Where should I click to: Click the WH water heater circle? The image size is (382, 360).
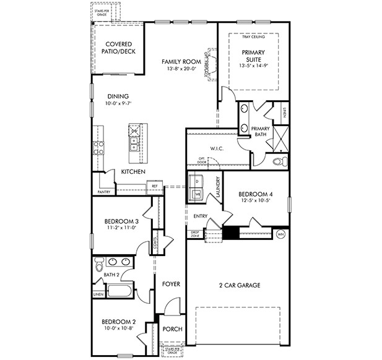[x=280, y=234]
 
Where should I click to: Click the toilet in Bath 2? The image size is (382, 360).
[x=98, y=266]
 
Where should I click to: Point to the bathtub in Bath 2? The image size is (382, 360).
[x=119, y=291]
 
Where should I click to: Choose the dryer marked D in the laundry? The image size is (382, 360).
[x=198, y=182]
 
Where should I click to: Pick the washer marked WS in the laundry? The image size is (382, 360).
[x=198, y=194]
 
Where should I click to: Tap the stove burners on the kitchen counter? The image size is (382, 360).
[x=98, y=147]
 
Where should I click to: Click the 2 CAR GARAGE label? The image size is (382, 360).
[x=238, y=285]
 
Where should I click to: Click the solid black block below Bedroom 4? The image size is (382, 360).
[x=230, y=233]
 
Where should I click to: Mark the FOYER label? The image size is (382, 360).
[x=171, y=284]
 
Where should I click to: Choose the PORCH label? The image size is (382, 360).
[x=172, y=329]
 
